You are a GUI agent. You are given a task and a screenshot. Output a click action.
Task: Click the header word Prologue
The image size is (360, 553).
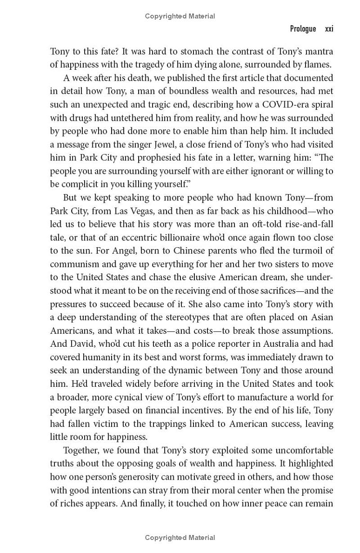pyautogui.click(x=303, y=29)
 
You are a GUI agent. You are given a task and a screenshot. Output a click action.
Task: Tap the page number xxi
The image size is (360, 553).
pyautogui.click(x=329, y=29)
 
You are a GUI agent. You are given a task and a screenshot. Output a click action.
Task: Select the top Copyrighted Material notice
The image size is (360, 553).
pyautogui.click(x=180, y=16)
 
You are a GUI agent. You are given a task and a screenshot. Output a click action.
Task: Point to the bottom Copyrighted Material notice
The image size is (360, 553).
pyautogui.click(x=180, y=537)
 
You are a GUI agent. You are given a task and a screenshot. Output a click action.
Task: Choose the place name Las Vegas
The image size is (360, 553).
pyautogui.click(x=126, y=211)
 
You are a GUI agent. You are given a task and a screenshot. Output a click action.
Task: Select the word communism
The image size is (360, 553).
pyautogui.click(x=72, y=264)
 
